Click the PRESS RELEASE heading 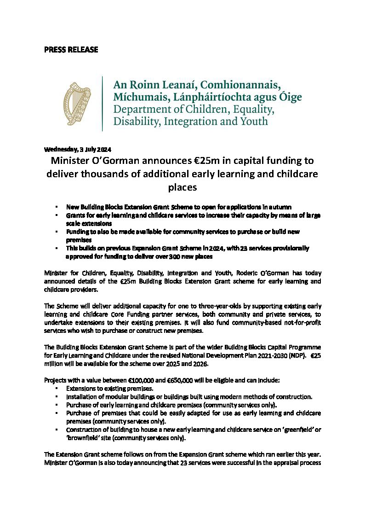[71, 50]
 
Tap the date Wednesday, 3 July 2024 [78, 149]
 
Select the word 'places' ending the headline [182, 187]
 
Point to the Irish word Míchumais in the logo [133, 98]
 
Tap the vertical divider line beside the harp [102, 104]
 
